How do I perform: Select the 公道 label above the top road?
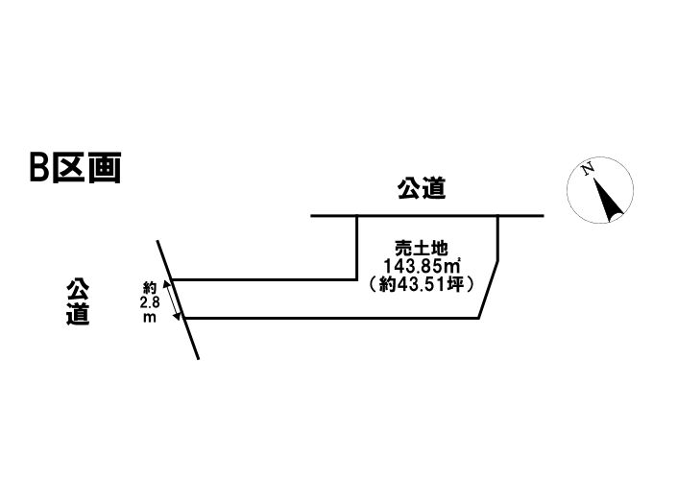[422, 189]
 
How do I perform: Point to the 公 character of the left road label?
[78, 289]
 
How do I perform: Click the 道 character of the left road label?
[78, 314]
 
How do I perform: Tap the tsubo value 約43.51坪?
[423, 283]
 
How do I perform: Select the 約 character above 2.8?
[149, 287]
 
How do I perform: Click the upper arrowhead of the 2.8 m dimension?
[169, 283]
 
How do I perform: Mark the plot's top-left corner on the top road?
[357, 216]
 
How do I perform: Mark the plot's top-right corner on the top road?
[497, 216]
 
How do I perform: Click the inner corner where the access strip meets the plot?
[357, 279]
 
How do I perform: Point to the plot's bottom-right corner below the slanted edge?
[478, 318]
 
